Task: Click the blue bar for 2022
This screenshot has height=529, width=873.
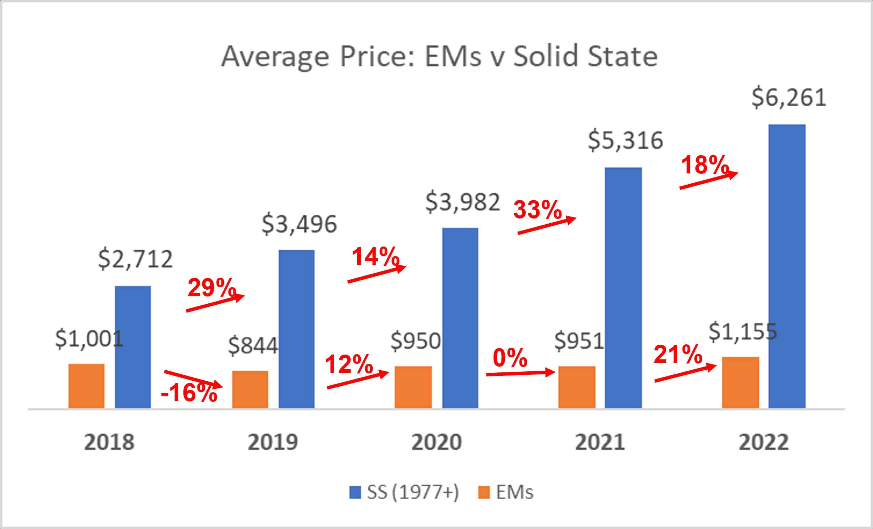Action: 787,266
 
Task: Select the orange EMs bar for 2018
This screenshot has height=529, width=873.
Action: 86,386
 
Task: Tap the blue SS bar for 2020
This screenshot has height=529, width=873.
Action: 460,318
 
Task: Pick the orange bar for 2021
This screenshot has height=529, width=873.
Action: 577,387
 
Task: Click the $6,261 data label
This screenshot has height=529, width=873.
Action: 789,98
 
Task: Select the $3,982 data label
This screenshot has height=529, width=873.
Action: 462,202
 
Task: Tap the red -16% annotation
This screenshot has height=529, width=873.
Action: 189,393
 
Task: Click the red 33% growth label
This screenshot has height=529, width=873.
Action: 538,210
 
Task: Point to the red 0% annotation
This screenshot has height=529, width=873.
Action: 510,358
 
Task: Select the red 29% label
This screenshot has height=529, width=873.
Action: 211,287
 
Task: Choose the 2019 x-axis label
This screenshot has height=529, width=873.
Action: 273,442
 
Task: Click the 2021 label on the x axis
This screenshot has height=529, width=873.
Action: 600,442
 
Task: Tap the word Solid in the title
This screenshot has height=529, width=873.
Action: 546,56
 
